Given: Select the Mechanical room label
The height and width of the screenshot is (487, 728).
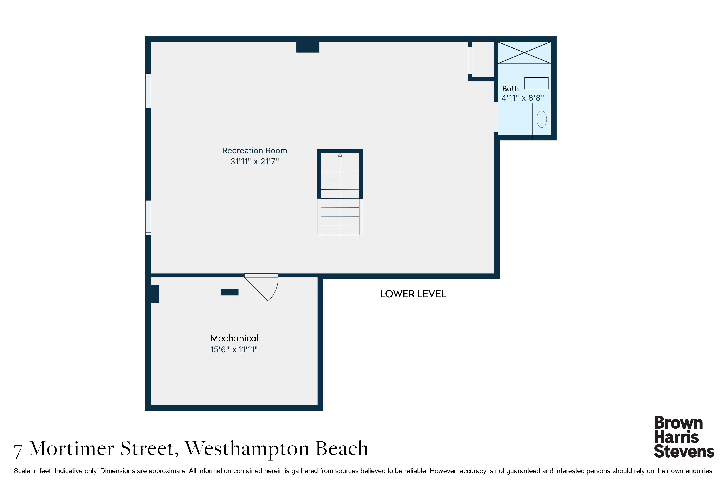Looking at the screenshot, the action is click(x=235, y=338).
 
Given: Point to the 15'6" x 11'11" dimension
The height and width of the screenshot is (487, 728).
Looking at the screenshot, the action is click(x=234, y=349).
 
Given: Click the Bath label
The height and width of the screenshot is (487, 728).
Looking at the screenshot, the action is click(x=510, y=89).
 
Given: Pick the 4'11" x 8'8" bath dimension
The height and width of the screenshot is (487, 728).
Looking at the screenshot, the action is click(x=523, y=98).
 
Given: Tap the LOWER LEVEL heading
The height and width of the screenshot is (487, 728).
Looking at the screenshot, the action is click(x=413, y=294).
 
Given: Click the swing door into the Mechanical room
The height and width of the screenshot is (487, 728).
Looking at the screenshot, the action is click(x=261, y=287).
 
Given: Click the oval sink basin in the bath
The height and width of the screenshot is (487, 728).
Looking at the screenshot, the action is click(x=542, y=119).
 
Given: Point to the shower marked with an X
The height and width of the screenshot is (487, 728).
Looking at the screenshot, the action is click(x=524, y=53).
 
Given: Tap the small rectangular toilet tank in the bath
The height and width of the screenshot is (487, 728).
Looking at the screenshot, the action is click(x=536, y=83).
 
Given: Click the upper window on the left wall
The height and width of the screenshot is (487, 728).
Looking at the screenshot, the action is click(x=148, y=91).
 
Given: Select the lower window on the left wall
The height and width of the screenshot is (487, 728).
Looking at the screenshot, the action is click(x=148, y=218).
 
